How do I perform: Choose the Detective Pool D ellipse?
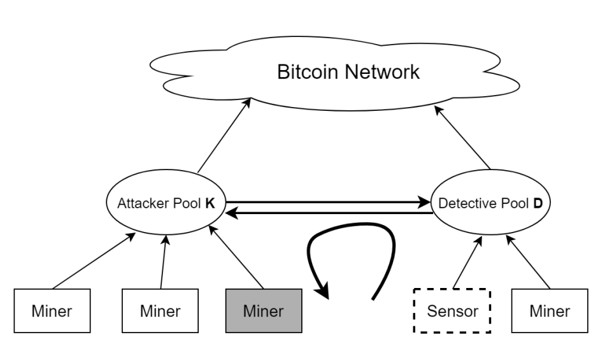489,204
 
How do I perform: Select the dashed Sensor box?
452,312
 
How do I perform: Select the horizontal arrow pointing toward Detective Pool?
325,202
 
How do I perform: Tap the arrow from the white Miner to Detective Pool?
529,261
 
